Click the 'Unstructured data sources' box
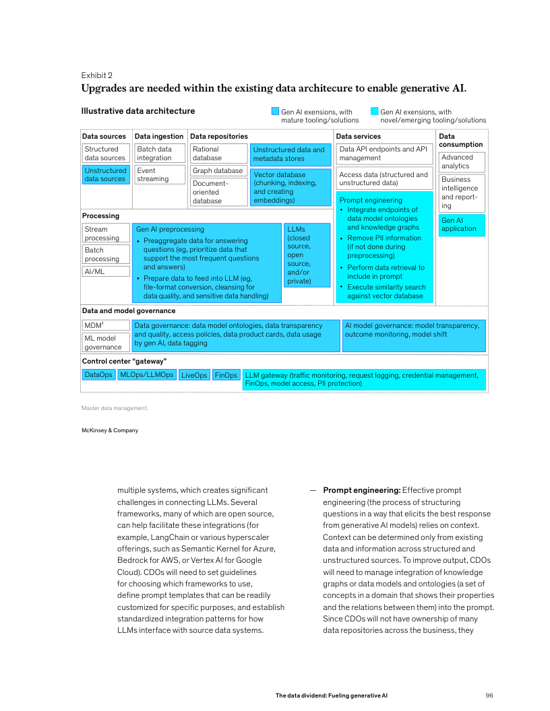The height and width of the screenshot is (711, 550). click(x=106, y=175)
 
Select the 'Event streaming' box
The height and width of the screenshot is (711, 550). click(x=160, y=175)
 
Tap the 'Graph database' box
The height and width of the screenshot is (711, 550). click(x=218, y=171)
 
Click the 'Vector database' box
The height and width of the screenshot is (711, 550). click(x=291, y=187)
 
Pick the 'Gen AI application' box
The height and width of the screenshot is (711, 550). click(x=462, y=225)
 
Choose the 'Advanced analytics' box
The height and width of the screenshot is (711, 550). click(x=462, y=162)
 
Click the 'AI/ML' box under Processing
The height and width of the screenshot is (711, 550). click(x=106, y=271)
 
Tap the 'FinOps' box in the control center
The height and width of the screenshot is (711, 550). click(x=226, y=375)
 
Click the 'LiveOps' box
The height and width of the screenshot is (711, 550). click(x=194, y=375)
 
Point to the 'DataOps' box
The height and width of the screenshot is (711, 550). click(x=98, y=374)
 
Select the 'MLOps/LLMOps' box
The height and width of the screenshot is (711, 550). click(x=147, y=374)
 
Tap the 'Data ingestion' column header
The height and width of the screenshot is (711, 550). click(x=159, y=137)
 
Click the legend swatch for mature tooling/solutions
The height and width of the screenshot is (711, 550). click(x=275, y=112)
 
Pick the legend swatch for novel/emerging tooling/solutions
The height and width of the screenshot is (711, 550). click(x=374, y=112)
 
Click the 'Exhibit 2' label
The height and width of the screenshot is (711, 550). click(x=97, y=75)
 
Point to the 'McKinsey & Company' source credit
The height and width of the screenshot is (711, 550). click(x=110, y=430)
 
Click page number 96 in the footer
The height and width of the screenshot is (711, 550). click(x=490, y=695)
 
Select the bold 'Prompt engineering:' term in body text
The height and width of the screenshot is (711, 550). click(x=361, y=490)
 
